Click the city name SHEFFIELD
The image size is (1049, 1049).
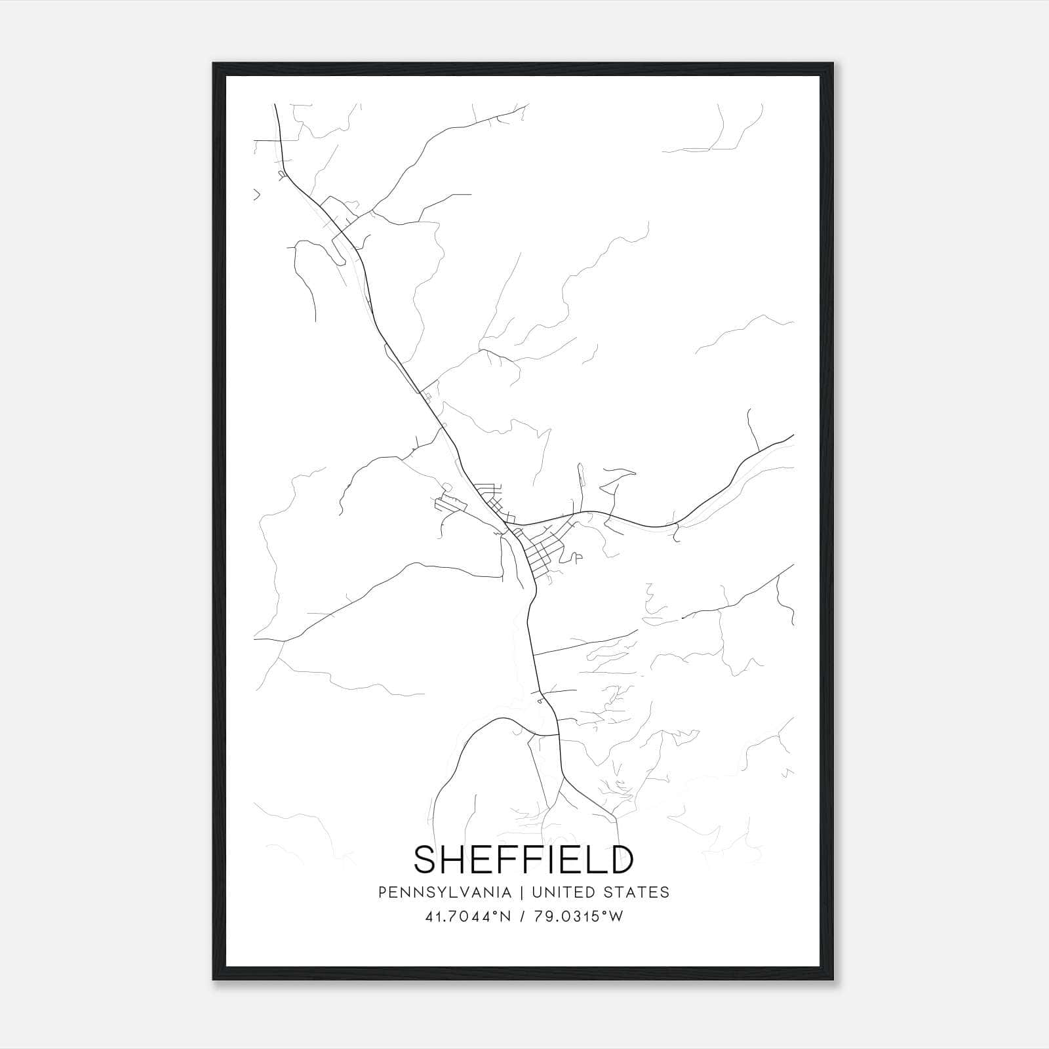click(x=523, y=860)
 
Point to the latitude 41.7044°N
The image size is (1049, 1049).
click(x=467, y=917)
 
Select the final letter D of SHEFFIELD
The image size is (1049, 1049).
click(x=620, y=860)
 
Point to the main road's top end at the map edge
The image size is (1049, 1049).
click(x=275, y=104)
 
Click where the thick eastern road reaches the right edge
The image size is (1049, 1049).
click(x=793, y=435)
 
